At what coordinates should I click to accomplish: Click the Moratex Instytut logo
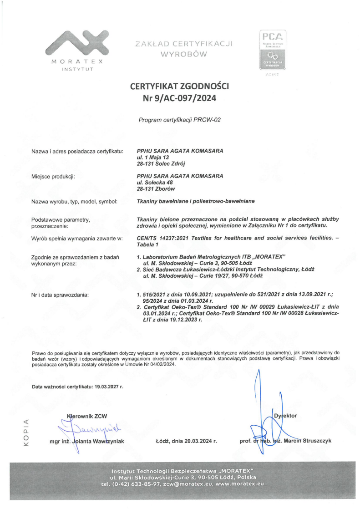coord(77,48)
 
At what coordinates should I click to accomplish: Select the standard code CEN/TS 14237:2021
coord(162,238)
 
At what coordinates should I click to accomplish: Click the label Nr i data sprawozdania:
coord(60,295)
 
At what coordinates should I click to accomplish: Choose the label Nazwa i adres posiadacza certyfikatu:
coord(77,151)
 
